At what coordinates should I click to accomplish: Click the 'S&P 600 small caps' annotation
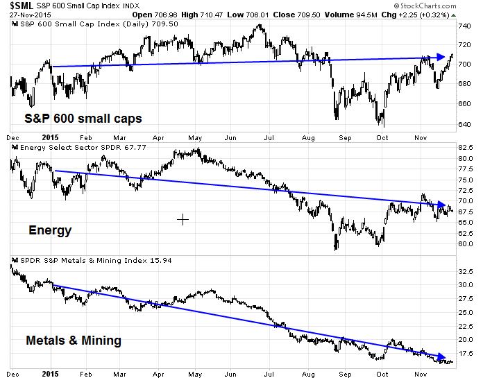[83, 119]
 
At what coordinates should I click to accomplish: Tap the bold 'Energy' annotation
[49, 230]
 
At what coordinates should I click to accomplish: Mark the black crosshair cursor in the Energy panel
[183, 220]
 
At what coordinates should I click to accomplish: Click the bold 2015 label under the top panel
[49, 137]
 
